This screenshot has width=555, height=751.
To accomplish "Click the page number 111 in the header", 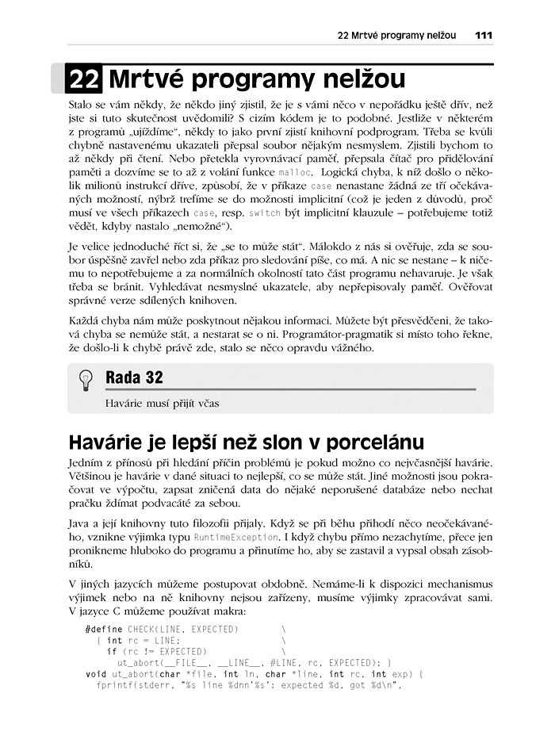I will click(484, 35).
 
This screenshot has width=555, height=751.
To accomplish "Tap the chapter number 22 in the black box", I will click(84, 79).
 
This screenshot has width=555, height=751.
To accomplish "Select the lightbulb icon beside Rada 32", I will click(86, 381).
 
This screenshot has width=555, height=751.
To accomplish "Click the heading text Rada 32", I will click(134, 378).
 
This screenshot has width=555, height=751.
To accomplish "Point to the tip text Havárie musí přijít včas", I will click(162, 403).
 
